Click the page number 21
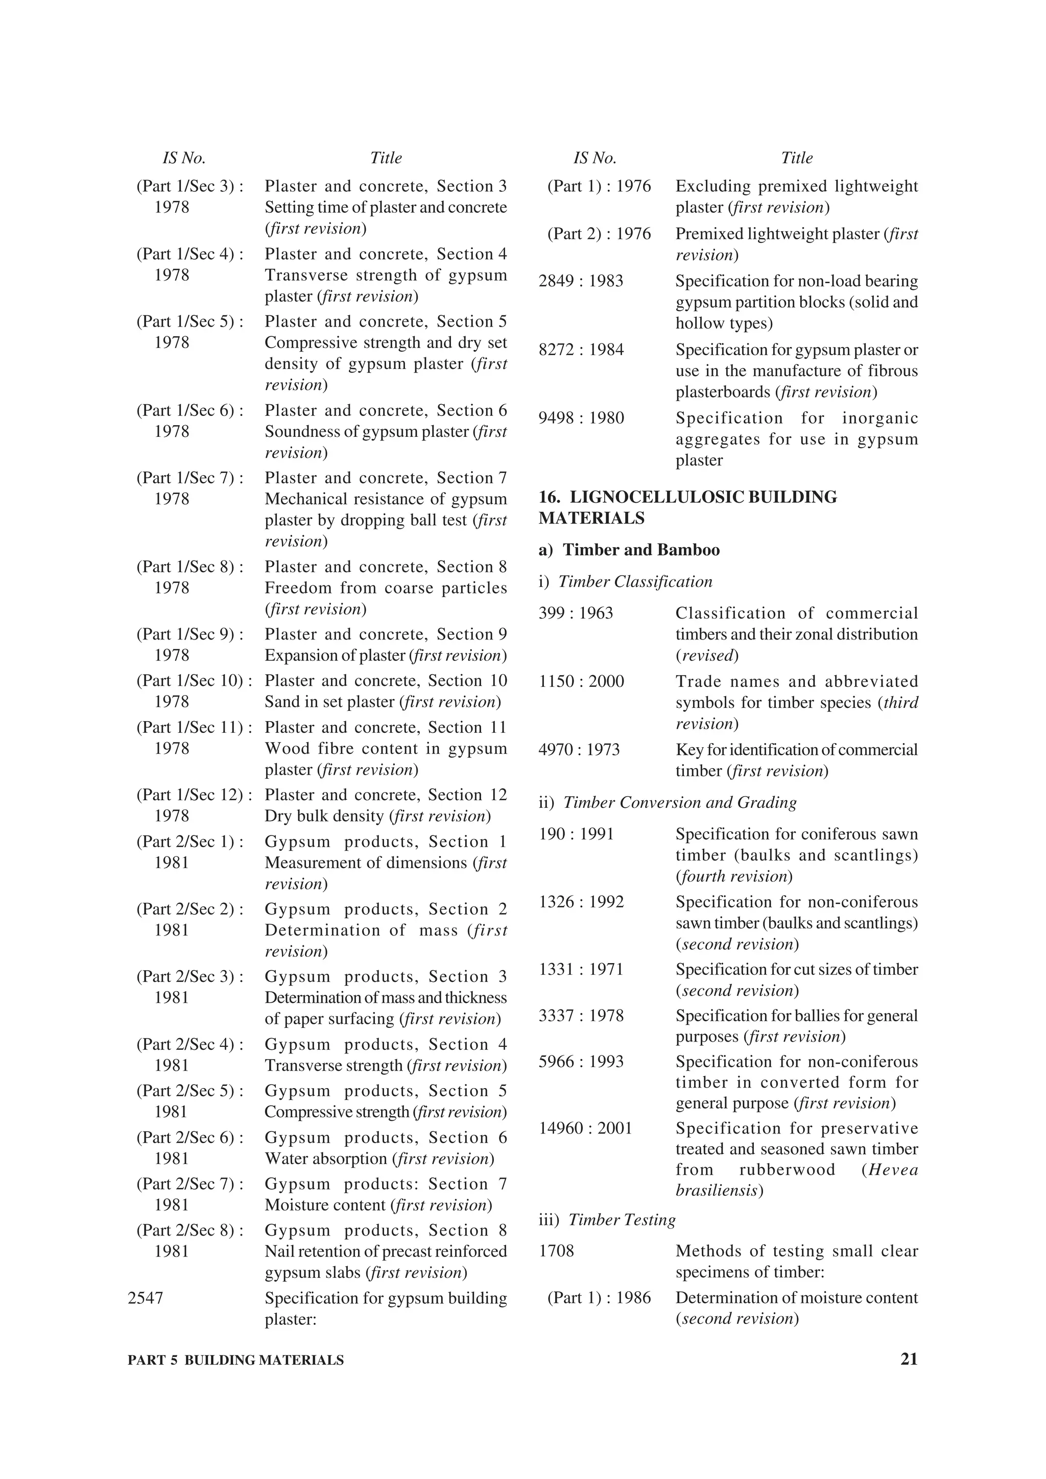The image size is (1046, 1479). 908,1360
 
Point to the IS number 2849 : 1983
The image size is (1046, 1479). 581,281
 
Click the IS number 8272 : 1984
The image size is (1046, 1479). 581,350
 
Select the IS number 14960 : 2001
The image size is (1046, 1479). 585,1128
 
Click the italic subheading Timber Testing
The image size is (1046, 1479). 621,1219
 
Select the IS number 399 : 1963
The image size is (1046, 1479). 576,612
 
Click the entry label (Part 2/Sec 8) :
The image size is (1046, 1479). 189,1230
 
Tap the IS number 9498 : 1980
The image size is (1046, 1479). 581,418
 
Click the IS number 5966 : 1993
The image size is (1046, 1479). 581,1062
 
